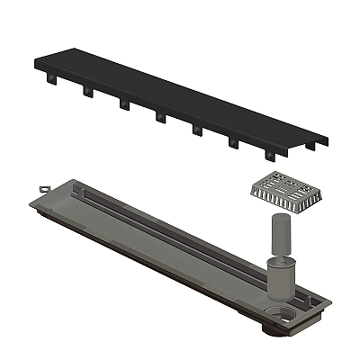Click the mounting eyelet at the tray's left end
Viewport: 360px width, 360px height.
tap(41, 187)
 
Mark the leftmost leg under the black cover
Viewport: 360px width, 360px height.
tap(50, 80)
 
